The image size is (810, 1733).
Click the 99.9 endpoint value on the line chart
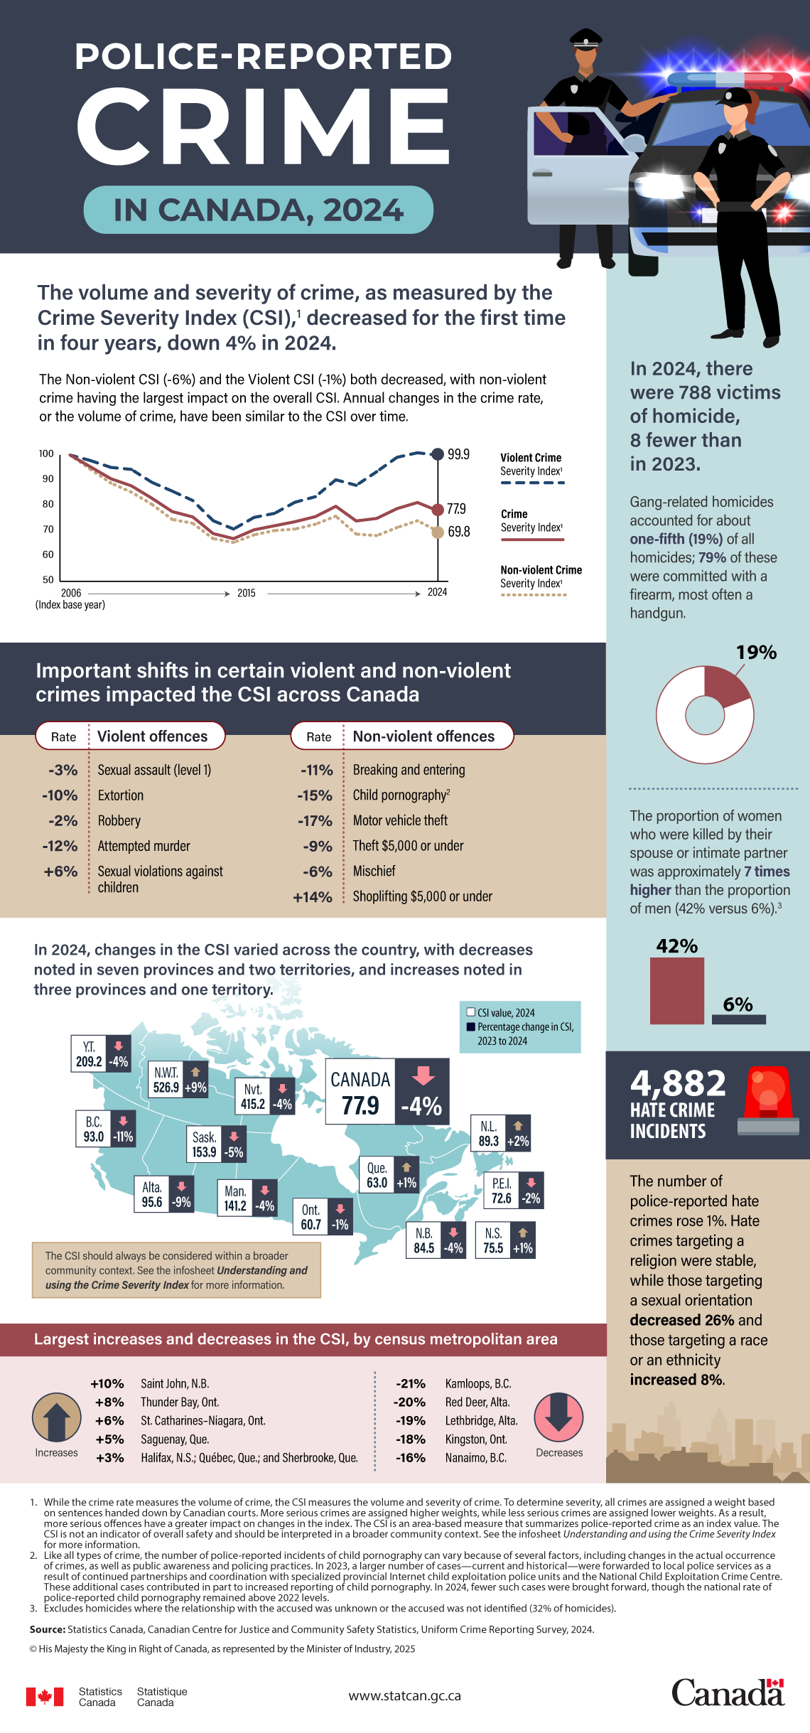click(458, 454)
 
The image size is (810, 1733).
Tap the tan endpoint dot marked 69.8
click(438, 532)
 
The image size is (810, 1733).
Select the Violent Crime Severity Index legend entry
click(531, 465)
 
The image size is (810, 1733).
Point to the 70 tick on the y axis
click(48, 529)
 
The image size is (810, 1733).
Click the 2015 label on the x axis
click(247, 593)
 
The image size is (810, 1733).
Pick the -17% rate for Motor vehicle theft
click(315, 821)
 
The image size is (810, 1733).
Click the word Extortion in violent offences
click(121, 795)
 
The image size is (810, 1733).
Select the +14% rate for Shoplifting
click(313, 897)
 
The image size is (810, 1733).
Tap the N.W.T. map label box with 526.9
click(167, 1080)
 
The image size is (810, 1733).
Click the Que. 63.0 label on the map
click(377, 1175)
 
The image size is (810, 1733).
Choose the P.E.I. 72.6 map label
click(502, 1191)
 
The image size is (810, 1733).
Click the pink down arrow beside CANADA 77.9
click(423, 1075)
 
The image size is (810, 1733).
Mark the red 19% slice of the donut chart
click(725, 684)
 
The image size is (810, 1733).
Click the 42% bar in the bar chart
click(676, 991)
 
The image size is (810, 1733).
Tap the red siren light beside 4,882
click(768, 1099)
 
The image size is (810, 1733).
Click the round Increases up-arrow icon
click(57, 1417)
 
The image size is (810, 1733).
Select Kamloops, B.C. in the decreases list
click(478, 1383)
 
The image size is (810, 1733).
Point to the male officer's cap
click(586, 39)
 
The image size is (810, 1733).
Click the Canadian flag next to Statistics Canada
click(45, 1697)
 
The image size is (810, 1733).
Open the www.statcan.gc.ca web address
click(404, 1696)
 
